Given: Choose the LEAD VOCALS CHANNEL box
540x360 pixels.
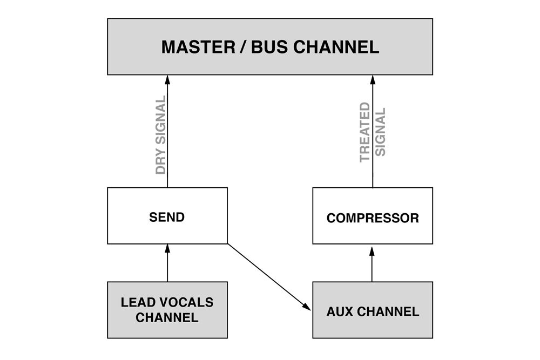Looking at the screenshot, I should point(167,310).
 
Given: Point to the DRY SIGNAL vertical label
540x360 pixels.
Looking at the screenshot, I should point(160,135).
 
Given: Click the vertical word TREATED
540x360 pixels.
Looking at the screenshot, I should point(366,132).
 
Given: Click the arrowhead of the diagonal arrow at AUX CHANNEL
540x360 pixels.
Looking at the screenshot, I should point(307,306).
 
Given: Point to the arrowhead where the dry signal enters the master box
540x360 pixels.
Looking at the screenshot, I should point(167,79).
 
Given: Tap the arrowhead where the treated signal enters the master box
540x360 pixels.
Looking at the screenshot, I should point(372,79).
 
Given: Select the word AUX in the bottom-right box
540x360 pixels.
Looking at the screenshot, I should point(339,311).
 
